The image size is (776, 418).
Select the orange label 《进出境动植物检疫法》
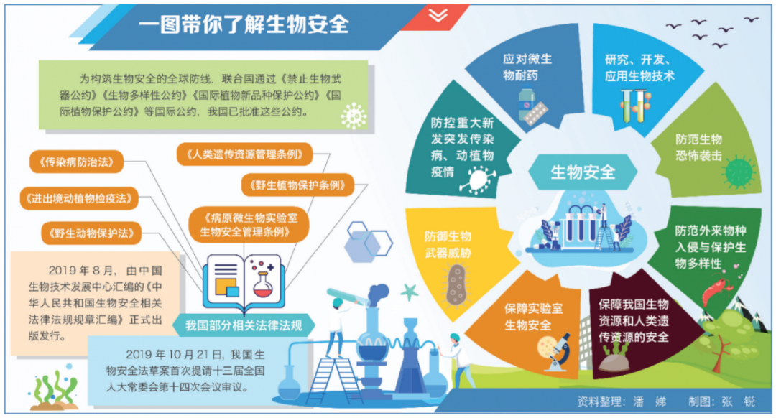tap(79, 198)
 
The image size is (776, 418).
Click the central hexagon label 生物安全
tap(583, 172)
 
